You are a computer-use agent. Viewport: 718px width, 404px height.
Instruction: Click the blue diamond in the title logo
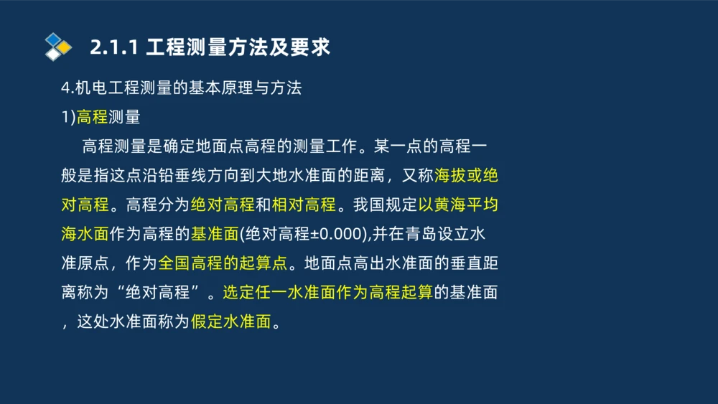point(53,39)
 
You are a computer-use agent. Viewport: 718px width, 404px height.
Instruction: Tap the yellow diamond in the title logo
point(65,47)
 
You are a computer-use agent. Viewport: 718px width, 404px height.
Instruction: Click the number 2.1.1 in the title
point(113,47)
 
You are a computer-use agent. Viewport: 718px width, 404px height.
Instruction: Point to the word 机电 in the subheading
point(93,88)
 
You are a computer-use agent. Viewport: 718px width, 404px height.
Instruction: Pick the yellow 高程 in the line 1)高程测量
point(92,118)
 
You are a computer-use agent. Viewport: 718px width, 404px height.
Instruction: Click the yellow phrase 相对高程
point(304,205)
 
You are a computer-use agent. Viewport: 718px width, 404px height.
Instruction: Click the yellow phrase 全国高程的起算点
point(223,263)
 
